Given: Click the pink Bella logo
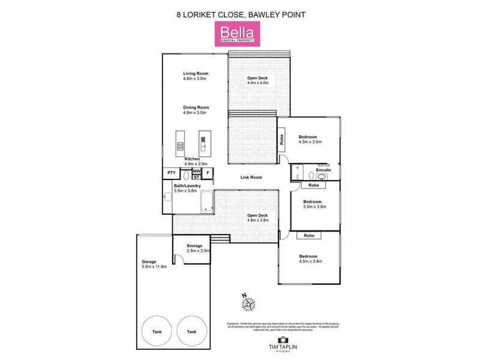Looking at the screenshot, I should pos(240,34).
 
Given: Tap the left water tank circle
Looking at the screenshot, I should pos(157,331).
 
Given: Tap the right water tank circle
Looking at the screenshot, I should pos(191,331).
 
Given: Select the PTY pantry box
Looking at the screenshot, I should pos(172,173).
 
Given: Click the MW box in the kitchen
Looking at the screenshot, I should pos(196,171).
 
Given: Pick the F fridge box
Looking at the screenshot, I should pos(208,173).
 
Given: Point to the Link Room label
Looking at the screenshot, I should pos(251,178).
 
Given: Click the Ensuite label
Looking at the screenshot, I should pos(323,170).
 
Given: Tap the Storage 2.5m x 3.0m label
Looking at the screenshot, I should pos(194,249).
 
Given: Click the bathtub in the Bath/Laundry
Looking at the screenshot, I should pos(205,202).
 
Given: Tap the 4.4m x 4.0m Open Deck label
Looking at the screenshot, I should pos(258,83).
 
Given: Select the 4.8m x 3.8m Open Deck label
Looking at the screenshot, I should pos(258,220).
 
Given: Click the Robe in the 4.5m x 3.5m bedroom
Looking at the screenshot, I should pos(281,139).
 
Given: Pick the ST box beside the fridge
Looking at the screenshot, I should pos(196,178).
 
